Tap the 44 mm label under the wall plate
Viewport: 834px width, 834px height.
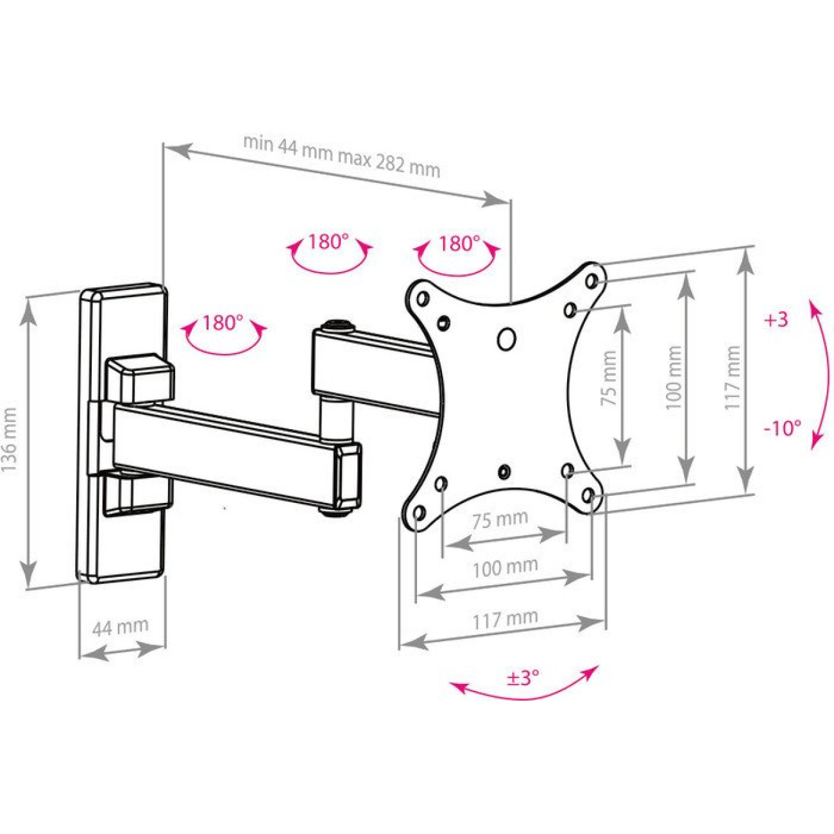coord(120,626)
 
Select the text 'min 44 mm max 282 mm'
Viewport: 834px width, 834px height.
coord(341,155)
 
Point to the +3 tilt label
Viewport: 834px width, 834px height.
coord(776,319)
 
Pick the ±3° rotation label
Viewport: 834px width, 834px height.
coord(523,677)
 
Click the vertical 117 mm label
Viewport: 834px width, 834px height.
coord(733,378)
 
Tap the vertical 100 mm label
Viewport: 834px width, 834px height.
coord(673,379)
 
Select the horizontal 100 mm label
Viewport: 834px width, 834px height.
coord(505,567)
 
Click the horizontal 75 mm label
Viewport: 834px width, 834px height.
coord(500,519)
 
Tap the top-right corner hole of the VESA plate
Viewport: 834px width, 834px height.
coord(591,280)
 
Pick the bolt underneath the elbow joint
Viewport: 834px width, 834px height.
coord(335,512)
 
